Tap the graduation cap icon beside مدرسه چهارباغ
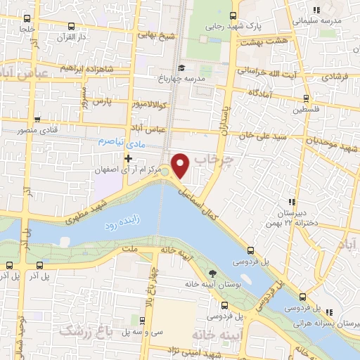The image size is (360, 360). pos(182,68)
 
